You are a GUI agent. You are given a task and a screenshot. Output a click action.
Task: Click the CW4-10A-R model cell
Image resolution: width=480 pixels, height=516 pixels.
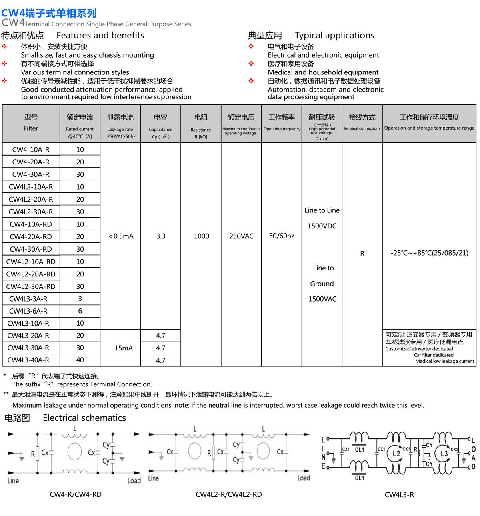tap(31, 150)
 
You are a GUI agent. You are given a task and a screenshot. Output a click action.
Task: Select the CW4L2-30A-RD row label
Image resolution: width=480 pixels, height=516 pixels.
tap(31, 286)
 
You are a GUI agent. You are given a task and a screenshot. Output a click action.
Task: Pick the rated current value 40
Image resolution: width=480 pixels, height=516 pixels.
tap(80, 360)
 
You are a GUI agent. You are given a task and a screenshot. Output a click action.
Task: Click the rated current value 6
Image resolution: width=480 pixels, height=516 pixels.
tap(80, 311)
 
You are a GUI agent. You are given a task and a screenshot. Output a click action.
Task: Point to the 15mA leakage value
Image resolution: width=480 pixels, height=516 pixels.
tap(123, 348)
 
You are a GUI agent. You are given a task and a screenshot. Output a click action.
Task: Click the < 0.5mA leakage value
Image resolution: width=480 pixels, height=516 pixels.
tap(121, 236)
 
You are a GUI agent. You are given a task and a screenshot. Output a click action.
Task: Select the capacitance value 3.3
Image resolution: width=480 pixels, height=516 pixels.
tap(161, 236)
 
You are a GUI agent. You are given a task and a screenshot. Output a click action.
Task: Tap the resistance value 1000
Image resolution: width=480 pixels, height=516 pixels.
tap(201, 236)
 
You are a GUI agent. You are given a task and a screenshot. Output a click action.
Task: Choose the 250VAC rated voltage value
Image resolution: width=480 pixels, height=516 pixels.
tap(241, 236)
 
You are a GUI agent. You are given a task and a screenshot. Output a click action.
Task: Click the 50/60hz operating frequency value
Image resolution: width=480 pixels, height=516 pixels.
tap(282, 236)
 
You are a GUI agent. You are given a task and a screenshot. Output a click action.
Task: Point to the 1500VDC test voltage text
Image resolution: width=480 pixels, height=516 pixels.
tap(322, 226)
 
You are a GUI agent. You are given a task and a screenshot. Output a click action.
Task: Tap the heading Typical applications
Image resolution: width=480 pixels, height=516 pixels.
tap(334, 36)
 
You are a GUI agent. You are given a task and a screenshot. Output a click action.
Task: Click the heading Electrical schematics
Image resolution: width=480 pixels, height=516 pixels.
tap(84, 418)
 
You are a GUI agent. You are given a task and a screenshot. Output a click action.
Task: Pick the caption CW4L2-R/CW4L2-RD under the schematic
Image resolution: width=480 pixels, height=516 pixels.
tap(229, 494)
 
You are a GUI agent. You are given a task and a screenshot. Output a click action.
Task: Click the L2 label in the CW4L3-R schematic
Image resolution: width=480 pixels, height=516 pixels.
tap(396, 454)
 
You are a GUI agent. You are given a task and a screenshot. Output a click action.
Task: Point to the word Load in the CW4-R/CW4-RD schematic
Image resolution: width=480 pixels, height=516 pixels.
tap(134, 480)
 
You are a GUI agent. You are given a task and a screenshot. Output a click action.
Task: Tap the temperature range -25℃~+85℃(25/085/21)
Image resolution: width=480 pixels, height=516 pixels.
tap(429, 253)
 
